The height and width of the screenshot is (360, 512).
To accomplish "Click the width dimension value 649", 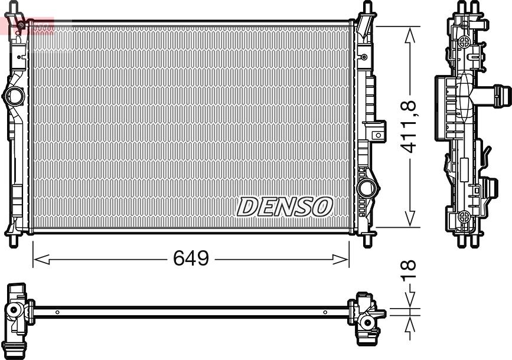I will (x=191, y=258).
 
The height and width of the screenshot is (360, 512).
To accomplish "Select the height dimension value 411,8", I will (x=409, y=127).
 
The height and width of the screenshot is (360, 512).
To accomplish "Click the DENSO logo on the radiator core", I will (x=285, y=207).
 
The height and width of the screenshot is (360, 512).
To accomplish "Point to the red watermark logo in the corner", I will (x=27, y=25).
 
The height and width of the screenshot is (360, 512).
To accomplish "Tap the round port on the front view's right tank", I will (x=366, y=188).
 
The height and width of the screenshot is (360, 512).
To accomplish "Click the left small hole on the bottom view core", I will (x=57, y=312).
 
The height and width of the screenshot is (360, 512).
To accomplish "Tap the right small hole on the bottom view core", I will (x=325, y=312).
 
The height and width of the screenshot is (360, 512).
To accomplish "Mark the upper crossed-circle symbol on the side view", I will (x=465, y=41).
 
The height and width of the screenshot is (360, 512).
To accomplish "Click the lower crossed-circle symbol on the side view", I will (x=465, y=216).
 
